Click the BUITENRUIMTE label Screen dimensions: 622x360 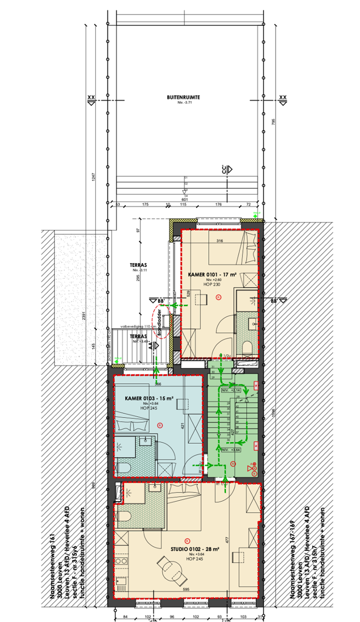coord(184,97)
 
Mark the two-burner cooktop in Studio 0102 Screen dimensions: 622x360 coord(120,561)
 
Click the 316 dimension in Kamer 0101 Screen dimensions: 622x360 coord(219,241)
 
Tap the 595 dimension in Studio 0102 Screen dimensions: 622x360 coord(186,589)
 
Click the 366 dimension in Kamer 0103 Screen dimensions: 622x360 coord(158,384)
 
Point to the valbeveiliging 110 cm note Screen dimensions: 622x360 coord(138,327)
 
